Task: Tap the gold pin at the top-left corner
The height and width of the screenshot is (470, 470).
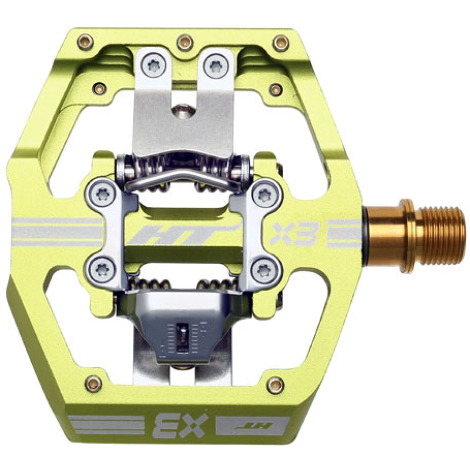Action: (85, 41)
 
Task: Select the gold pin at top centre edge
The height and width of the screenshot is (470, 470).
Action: (184, 42)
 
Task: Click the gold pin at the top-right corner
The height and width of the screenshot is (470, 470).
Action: (281, 43)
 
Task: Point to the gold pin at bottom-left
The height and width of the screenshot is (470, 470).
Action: (93, 384)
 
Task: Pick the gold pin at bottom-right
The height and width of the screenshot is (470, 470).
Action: (275, 385)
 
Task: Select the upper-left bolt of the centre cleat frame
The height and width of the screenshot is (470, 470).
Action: (102, 196)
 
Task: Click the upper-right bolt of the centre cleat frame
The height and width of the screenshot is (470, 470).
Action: (264, 195)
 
